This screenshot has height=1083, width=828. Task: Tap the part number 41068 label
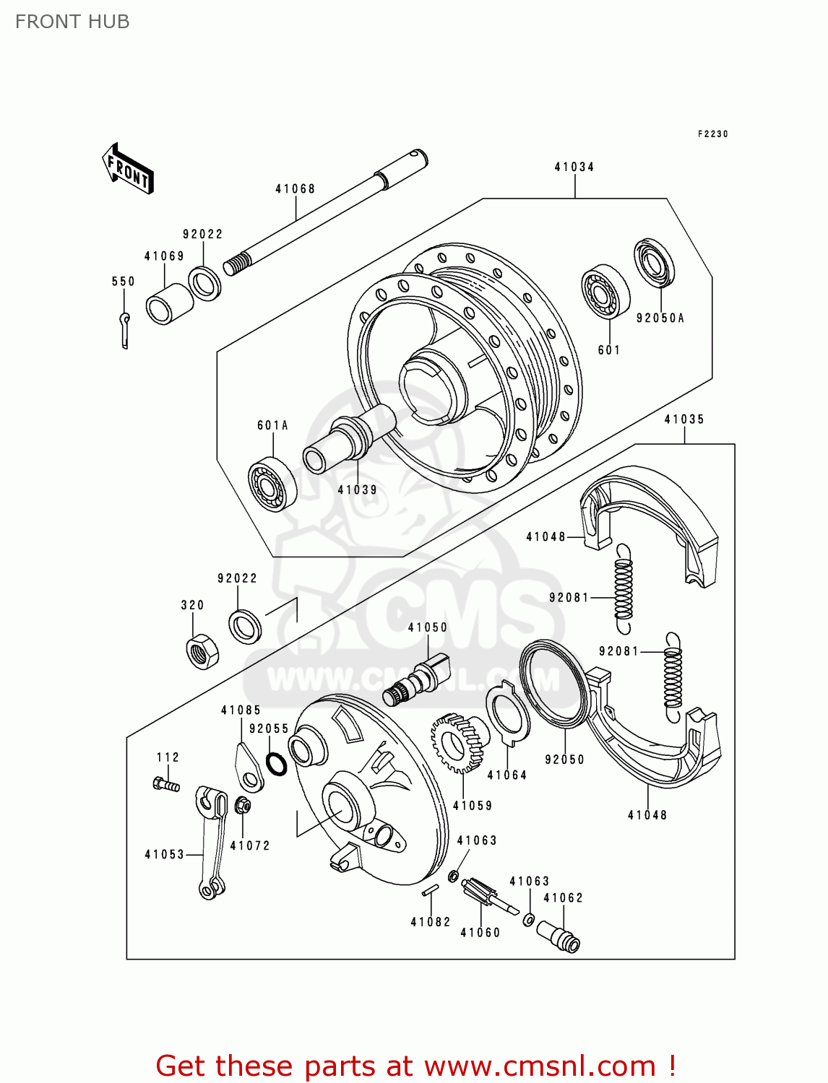click(295, 189)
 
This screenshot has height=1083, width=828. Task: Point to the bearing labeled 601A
click(272, 483)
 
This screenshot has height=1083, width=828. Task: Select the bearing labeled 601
click(605, 292)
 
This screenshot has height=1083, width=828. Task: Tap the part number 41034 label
click(574, 167)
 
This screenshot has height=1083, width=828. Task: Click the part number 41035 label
click(683, 419)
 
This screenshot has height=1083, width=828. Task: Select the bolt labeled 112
click(165, 784)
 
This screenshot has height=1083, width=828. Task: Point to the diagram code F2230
click(712, 134)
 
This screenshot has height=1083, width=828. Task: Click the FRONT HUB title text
click(72, 22)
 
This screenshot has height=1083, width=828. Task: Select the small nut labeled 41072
click(243, 806)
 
